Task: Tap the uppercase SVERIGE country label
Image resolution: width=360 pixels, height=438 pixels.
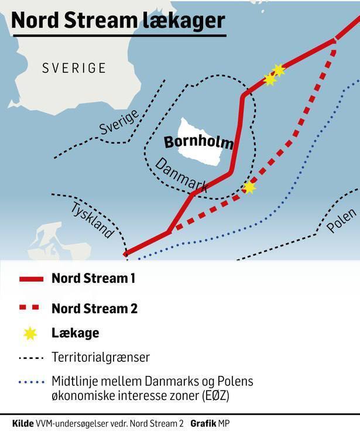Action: [74, 68]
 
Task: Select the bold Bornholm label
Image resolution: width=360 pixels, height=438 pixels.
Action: [198, 143]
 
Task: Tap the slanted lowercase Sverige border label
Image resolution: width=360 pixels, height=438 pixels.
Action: [119, 122]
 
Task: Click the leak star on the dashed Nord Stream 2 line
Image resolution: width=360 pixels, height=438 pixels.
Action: [249, 187]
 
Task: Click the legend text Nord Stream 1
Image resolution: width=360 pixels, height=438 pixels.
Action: [94, 279]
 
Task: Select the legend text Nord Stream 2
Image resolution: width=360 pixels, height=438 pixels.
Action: [94, 308]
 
